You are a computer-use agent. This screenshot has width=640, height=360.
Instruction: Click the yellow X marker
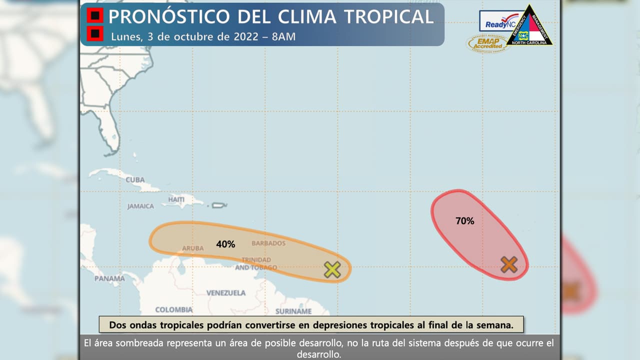(x=332, y=269)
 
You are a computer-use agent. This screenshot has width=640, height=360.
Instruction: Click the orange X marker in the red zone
(x=508, y=264)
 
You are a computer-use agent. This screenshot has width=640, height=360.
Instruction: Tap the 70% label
(x=464, y=220)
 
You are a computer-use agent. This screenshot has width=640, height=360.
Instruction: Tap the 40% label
(x=225, y=244)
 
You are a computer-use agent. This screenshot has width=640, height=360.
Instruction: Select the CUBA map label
(x=135, y=179)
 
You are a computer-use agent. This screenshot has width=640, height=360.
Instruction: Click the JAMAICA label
(x=140, y=206)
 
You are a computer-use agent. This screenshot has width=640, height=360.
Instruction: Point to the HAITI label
(x=176, y=199)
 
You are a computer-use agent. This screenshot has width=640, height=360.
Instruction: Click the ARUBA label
(x=193, y=248)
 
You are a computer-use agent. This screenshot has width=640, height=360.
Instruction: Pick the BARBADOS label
(x=268, y=243)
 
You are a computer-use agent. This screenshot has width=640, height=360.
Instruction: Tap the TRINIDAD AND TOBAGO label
(x=255, y=263)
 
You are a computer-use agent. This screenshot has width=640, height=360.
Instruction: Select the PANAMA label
(x=109, y=278)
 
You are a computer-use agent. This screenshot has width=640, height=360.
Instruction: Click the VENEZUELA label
(x=226, y=292)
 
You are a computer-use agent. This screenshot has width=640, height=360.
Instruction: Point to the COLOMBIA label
(x=174, y=309)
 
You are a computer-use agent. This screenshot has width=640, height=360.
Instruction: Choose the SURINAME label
(x=293, y=311)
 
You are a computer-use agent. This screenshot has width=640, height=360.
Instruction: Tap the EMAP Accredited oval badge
(x=487, y=43)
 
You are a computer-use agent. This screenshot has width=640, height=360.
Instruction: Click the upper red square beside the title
(x=94, y=16)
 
